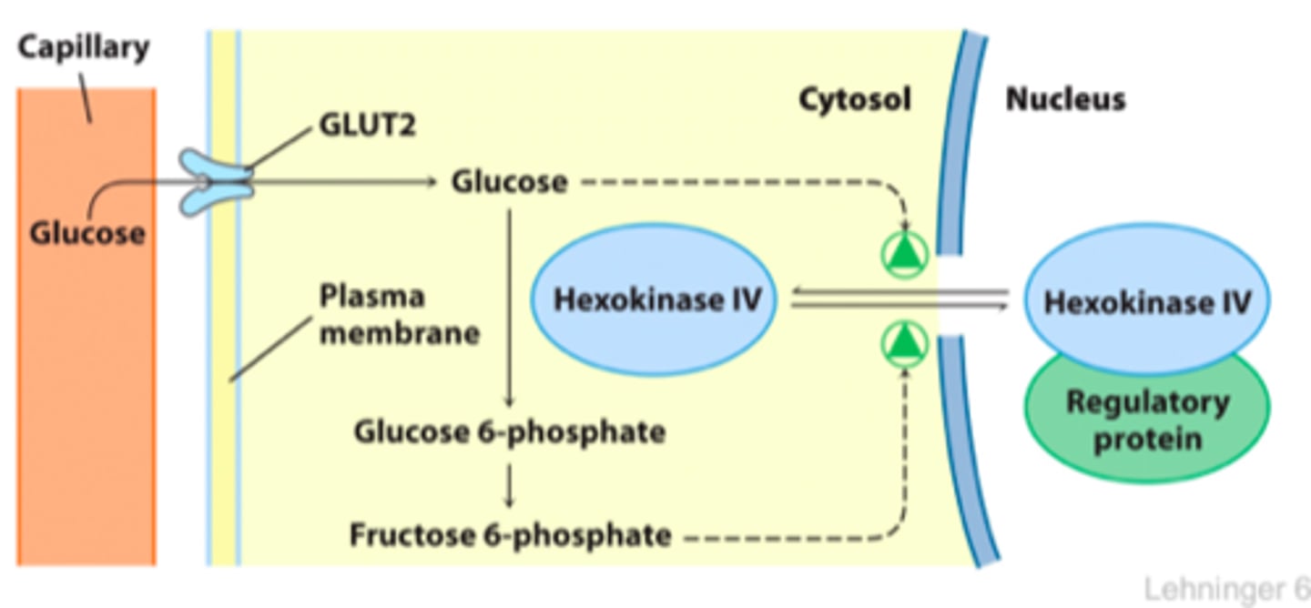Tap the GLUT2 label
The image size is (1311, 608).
(x=368, y=126)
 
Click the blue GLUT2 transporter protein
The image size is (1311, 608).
(x=217, y=182)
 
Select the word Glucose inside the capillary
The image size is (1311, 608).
(x=87, y=233)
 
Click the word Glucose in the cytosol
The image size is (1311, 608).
(x=509, y=181)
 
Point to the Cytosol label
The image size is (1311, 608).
(x=855, y=99)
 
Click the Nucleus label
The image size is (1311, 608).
(x=1065, y=99)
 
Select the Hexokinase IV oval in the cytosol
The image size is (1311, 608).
(x=654, y=299)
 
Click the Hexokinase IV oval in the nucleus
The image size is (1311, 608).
(x=1147, y=299)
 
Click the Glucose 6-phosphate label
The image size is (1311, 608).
(x=510, y=432)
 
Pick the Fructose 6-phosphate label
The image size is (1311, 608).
(x=510, y=535)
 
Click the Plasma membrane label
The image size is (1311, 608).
(x=400, y=315)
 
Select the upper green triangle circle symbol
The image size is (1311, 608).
(x=905, y=255)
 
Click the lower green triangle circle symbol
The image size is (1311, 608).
(x=905, y=344)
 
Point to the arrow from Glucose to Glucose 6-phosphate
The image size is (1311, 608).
(x=509, y=309)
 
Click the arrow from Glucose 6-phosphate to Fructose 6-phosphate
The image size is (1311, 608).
(x=509, y=486)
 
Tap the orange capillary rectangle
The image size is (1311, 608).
(x=86, y=327)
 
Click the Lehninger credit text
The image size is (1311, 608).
(x=1227, y=589)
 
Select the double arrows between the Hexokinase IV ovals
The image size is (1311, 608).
(x=899, y=299)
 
